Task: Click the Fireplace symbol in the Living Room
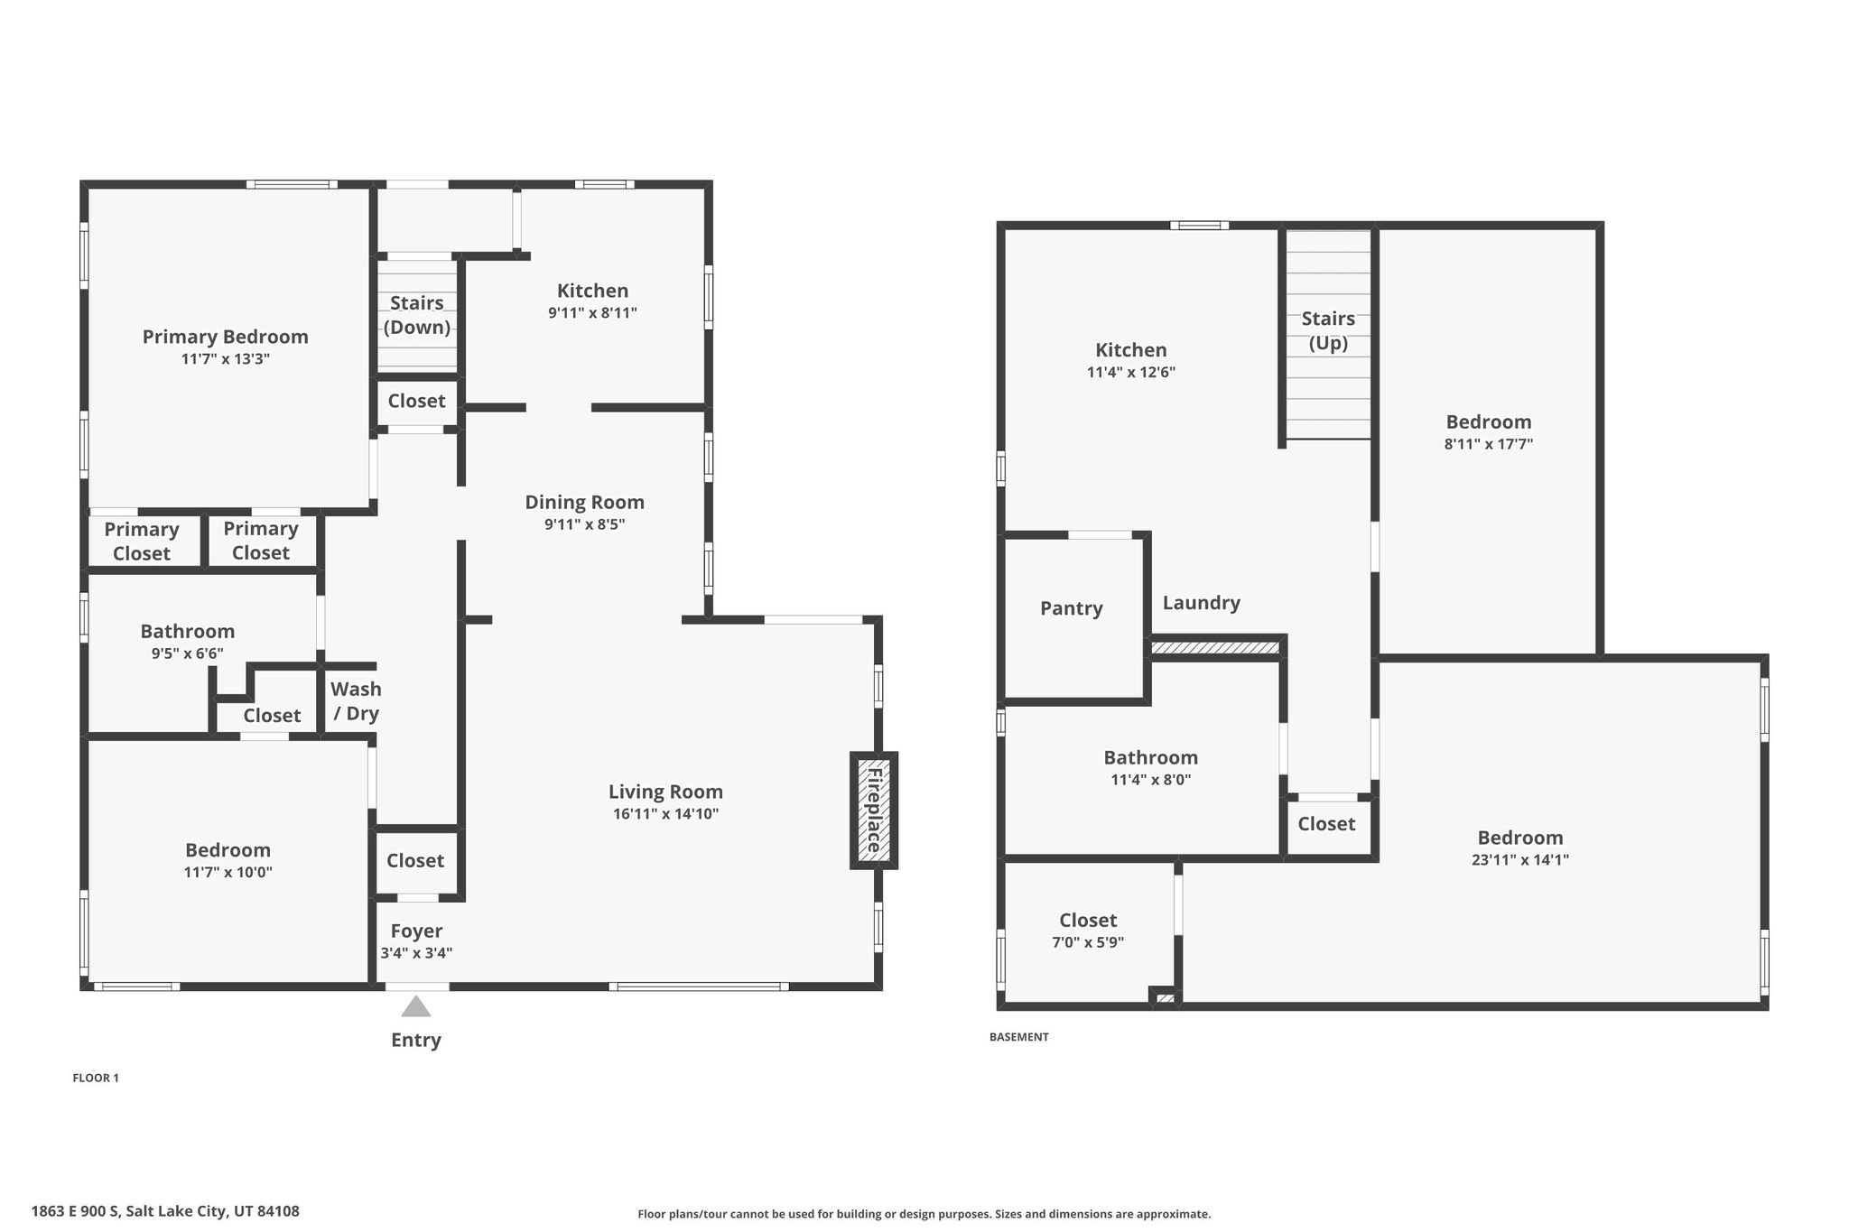[x=874, y=811]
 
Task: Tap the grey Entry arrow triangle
[x=415, y=1006]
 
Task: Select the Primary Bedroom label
[x=226, y=337]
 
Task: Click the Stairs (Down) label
[x=417, y=315]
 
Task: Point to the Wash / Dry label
[x=356, y=701]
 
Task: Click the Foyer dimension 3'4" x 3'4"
[x=416, y=953]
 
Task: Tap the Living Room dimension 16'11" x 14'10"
[x=665, y=814]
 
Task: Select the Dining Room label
[x=585, y=502]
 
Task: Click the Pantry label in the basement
[x=1072, y=608]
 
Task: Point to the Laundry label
[x=1202, y=603]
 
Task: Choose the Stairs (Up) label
[x=1328, y=331]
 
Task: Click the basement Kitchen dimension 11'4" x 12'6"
[x=1131, y=372]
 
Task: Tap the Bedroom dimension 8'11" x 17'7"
[x=1489, y=444]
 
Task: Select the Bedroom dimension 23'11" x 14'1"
[x=1520, y=860]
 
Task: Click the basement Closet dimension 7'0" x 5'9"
[x=1088, y=943]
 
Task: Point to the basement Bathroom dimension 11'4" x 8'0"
[x=1151, y=780]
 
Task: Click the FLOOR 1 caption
[x=96, y=1078]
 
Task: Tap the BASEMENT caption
[x=1019, y=1037]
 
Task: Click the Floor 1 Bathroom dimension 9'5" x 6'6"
[x=188, y=653]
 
